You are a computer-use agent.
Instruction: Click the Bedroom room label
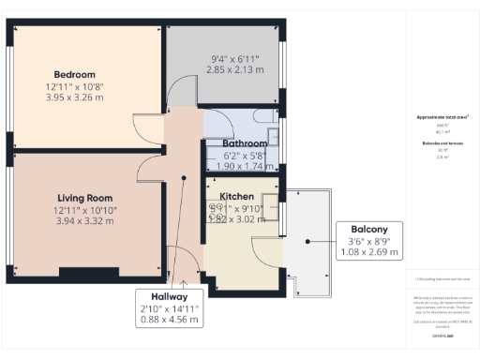[x=74, y=74]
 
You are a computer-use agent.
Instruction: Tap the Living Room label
[x=85, y=198]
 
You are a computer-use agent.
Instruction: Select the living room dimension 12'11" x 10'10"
[x=85, y=210]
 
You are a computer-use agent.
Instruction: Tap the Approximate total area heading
[x=442, y=117]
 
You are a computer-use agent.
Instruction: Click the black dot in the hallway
[x=184, y=176]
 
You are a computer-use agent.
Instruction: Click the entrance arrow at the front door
[x=185, y=278]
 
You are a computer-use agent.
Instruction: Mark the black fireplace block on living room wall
[x=90, y=274]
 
